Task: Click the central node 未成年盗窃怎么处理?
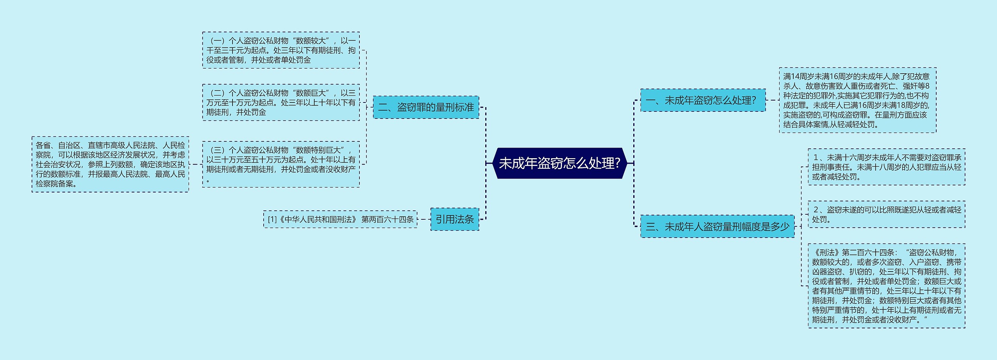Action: (559, 163)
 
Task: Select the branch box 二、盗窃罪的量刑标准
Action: (426, 107)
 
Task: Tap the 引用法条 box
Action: (454, 219)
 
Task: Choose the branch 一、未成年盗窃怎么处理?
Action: (703, 100)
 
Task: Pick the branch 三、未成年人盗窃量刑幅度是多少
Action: (717, 226)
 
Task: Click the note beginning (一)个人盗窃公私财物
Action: (281, 50)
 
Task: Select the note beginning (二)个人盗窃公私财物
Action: (281, 102)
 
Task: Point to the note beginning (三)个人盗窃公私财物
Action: (281, 164)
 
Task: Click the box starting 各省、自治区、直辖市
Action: (110, 164)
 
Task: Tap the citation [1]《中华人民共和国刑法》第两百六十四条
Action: (340, 219)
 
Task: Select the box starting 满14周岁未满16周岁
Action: (858, 100)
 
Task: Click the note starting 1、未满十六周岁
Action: (886, 167)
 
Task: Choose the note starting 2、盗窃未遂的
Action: (886, 214)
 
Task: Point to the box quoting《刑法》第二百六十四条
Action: (886, 286)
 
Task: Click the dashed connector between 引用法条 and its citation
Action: (424, 219)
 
